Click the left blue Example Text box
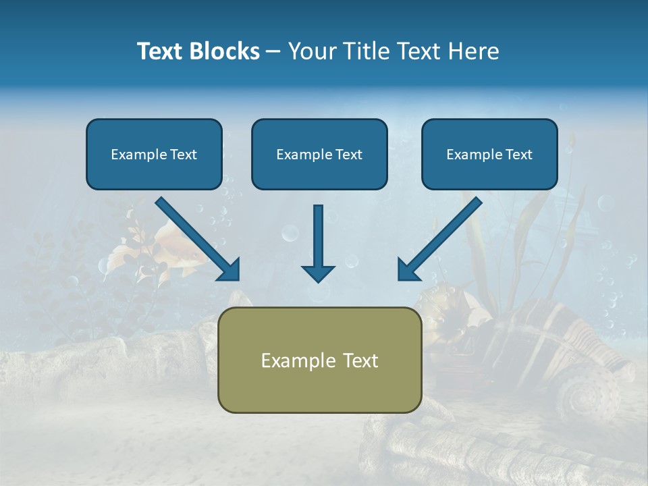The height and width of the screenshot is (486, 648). click(x=154, y=155)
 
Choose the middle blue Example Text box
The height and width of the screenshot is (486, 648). click(x=319, y=155)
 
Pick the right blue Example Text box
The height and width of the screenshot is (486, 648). click(x=489, y=155)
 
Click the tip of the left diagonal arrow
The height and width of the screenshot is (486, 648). click(x=238, y=279)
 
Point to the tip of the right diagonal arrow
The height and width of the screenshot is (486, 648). click(x=400, y=279)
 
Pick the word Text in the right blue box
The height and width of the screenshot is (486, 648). click(x=518, y=155)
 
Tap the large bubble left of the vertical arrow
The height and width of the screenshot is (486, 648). click(x=290, y=234)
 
